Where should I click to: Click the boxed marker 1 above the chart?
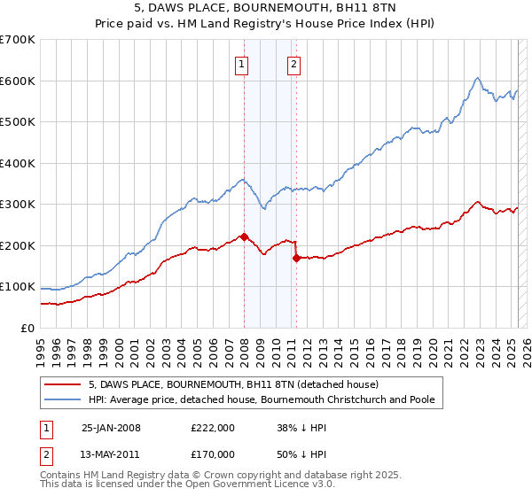[241, 63]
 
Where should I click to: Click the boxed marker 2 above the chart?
[293, 63]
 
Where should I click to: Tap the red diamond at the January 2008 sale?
[244, 236]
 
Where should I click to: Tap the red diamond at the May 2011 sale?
[296, 259]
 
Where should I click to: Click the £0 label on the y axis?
[28, 328]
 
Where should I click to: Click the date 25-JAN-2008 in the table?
[111, 428]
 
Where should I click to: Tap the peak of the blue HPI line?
[477, 78]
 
